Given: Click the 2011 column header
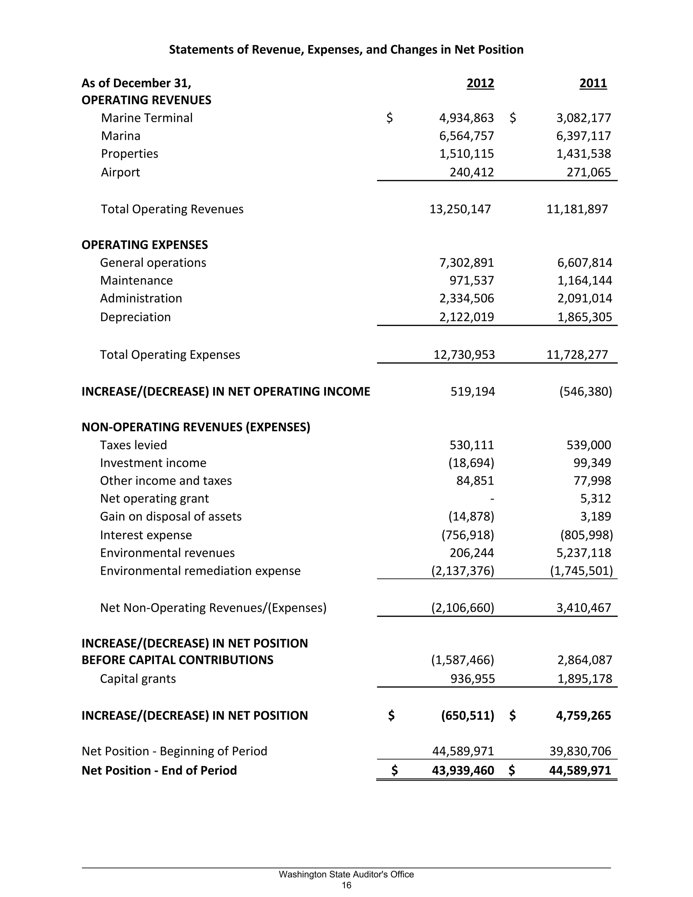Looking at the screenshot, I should coord(593,83).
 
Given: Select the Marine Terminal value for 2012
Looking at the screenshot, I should coord(466,118).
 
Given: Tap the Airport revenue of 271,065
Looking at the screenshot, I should coord(588,172).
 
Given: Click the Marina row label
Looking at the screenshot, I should coord(121,136).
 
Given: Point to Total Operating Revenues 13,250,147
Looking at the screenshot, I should coord(460,209).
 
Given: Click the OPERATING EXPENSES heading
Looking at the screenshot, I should coord(144,245).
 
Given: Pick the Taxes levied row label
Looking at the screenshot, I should coord(133,445).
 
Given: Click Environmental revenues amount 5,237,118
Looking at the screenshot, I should coord(583,553).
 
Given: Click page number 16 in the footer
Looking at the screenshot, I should coord(346,885).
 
